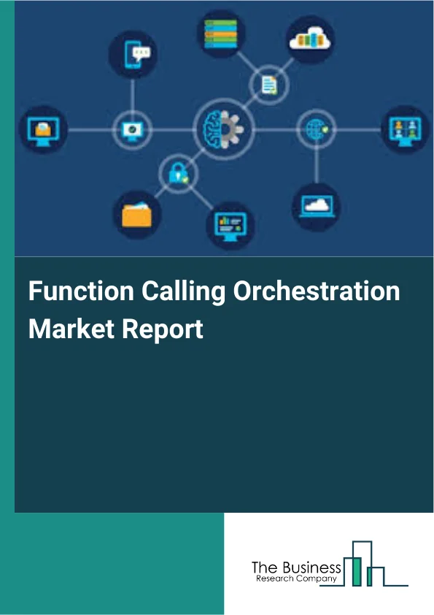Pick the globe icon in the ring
[315, 130]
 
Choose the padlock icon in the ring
[178, 174]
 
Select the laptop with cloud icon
[315, 205]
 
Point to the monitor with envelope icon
[43, 130]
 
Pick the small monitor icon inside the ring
[131, 130]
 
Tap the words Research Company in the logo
[296, 578]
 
